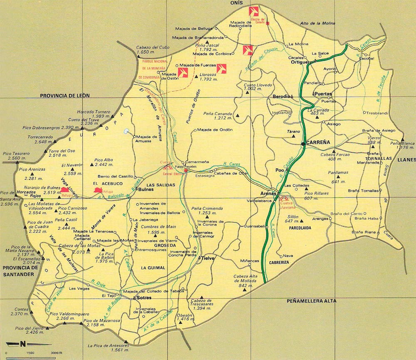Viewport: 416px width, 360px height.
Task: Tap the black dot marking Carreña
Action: tap(303, 144)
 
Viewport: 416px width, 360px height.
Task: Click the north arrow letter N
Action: tap(22, 344)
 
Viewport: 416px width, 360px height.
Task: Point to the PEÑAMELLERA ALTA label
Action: tap(312, 300)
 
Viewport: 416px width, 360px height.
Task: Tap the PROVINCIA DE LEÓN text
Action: tap(64, 96)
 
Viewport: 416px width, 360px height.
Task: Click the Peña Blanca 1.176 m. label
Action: tap(402, 145)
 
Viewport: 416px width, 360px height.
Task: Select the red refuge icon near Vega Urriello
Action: tap(65, 191)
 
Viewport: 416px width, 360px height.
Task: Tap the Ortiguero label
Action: tap(301, 62)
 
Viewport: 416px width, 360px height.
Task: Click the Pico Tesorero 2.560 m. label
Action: tap(13, 156)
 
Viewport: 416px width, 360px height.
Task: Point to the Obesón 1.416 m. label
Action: tap(185, 317)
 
